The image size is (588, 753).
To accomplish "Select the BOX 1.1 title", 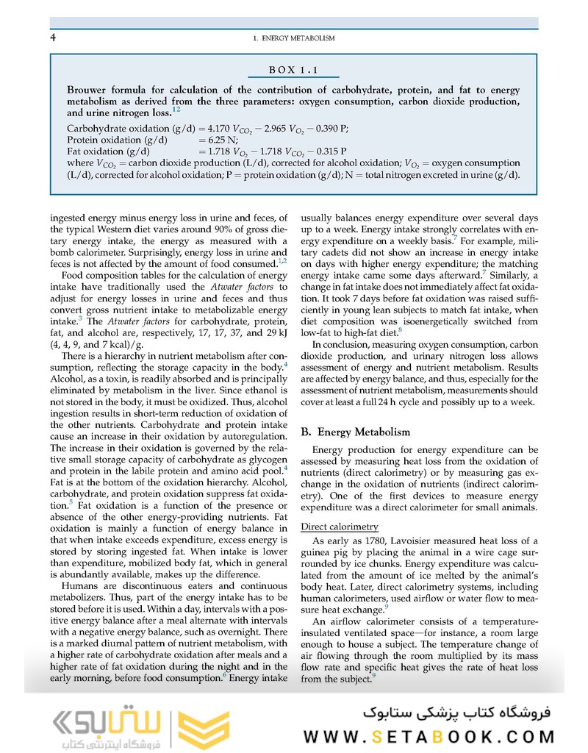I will click(x=293, y=71).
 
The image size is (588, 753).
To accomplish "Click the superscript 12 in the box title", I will click(x=176, y=110).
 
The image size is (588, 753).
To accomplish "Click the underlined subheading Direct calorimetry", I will click(x=340, y=527).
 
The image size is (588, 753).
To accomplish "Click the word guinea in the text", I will click(x=318, y=553).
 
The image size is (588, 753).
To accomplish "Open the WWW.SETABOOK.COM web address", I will click(x=432, y=736).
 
